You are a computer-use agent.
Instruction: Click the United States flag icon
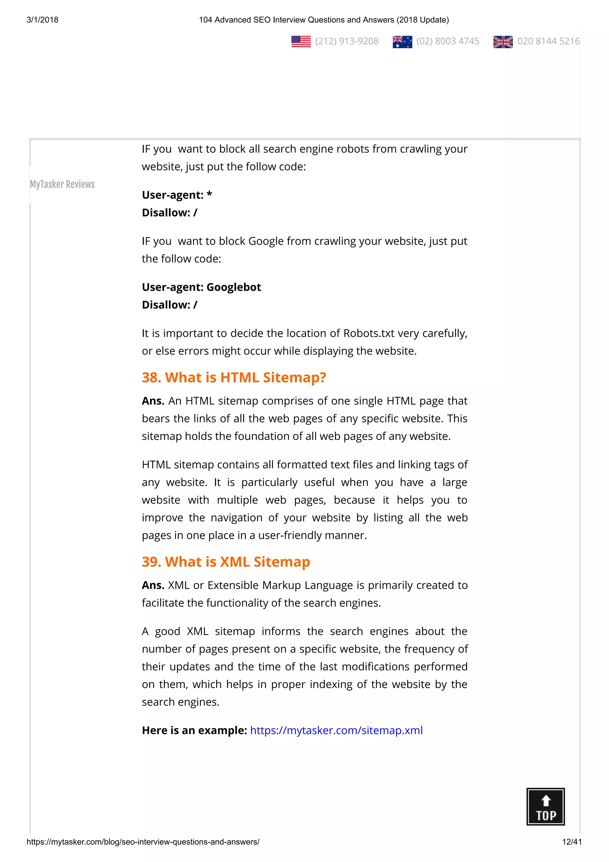click(301, 41)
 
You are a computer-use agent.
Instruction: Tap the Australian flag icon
click(402, 41)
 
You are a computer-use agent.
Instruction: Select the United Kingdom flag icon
click(503, 41)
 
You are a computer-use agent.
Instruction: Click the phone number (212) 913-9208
click(347, 41)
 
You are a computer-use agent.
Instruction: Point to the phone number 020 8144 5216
click(548, 41)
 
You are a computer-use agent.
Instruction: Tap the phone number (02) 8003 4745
click(448, 41)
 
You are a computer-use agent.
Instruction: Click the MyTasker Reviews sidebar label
click(62, 184)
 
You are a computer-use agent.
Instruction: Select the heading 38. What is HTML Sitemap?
click(234, 377)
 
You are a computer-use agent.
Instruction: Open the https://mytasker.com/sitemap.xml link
click(336, 730)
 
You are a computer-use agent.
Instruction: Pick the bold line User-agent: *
click(177, 195)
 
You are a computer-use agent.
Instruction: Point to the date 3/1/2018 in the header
click(43, 20)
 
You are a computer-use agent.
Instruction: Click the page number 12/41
click(572, 842)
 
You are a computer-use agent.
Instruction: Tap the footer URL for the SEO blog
click(143, 842)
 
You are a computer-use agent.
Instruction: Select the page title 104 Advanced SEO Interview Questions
click(324, 20)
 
